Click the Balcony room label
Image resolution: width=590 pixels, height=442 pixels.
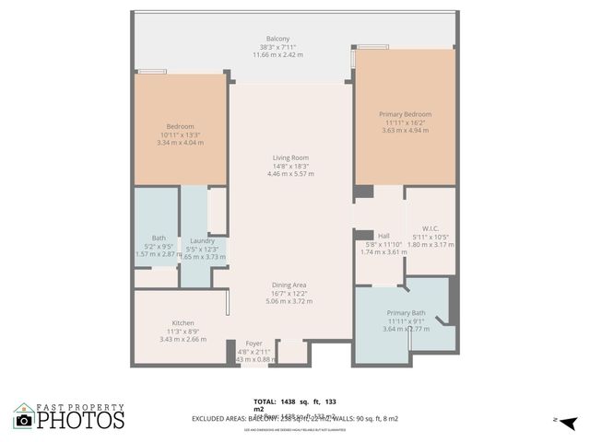(277, 39)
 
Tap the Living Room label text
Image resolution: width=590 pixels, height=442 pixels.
(290, 157)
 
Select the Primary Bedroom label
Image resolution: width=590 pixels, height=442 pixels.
(405, 114)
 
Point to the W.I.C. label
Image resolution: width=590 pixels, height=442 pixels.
(431, 228)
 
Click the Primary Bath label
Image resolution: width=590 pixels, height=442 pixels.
(405, 313)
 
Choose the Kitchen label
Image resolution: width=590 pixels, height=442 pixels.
(183, 323)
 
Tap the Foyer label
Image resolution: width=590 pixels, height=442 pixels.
(254, 343)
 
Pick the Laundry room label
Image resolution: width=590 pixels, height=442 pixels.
(202, 241)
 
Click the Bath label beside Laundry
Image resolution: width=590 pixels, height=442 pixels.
(159, 238)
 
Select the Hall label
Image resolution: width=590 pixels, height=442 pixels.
(383, 236)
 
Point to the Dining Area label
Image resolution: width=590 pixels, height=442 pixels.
(289, 285)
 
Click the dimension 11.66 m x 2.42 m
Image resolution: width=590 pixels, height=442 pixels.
(277, 54)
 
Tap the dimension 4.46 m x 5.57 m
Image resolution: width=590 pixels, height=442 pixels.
(290, 173)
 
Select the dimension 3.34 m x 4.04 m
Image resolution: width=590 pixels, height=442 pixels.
(179, 143)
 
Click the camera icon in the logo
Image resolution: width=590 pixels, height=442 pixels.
(24, 420)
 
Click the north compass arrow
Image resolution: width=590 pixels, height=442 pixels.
(570, 422)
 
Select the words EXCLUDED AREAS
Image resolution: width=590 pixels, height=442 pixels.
(220, 418)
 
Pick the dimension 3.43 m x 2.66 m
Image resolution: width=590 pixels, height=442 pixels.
(183, 339)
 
